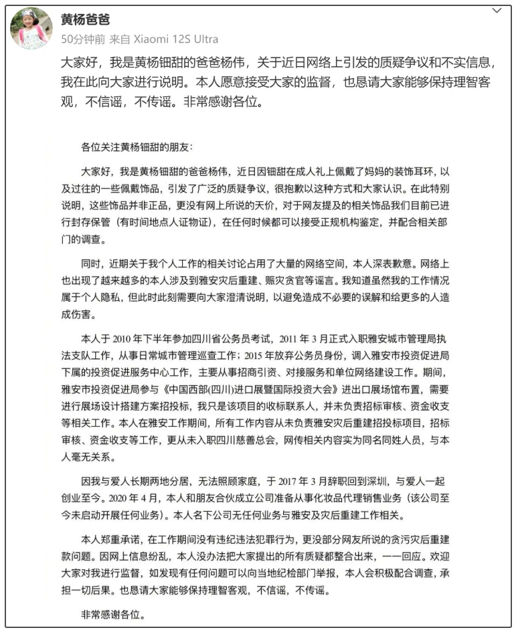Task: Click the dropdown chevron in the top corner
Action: (x=496, y=11)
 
